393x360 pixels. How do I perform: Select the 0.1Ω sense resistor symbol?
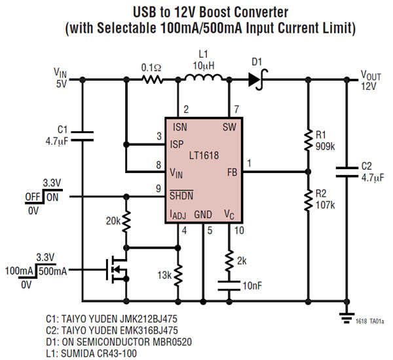[x=152, y=80]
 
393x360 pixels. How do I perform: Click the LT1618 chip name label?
[x=203, y=156]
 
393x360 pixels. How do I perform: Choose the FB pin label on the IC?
[x=231, y=172]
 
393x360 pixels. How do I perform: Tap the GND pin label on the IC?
[x=204, y=214]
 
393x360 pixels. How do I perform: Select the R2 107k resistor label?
[x=324, y=199]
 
